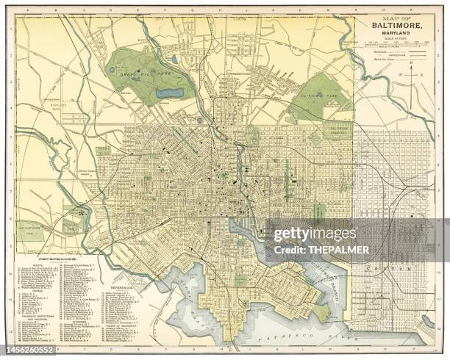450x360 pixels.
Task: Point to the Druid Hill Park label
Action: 140,74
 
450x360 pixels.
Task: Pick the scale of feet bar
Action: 398,46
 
